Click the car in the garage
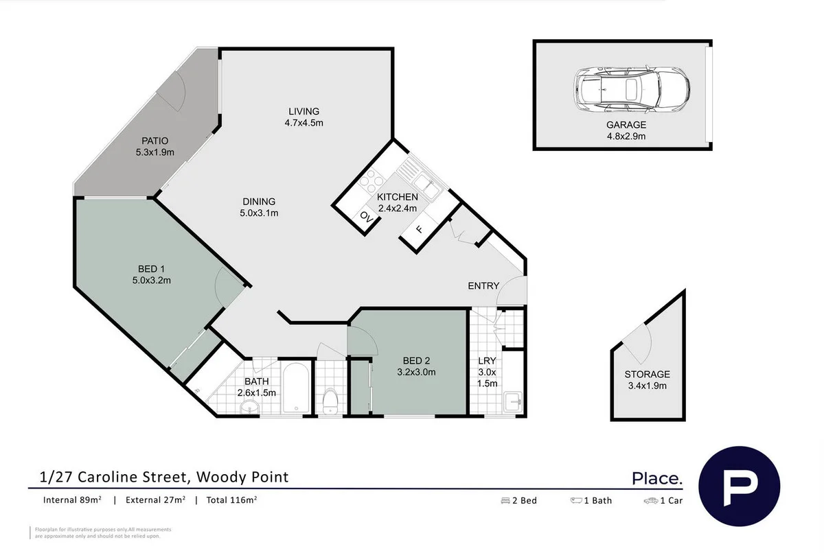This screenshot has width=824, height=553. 631,89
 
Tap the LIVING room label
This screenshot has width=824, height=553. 304,111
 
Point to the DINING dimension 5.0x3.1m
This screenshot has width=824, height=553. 258,213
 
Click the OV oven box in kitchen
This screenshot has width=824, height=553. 366,218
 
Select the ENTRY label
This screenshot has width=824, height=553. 483,285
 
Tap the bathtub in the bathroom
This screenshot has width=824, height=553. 296,389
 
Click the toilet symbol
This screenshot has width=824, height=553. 330,401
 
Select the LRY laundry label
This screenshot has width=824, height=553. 487,361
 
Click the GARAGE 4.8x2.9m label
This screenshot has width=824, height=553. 626,130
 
